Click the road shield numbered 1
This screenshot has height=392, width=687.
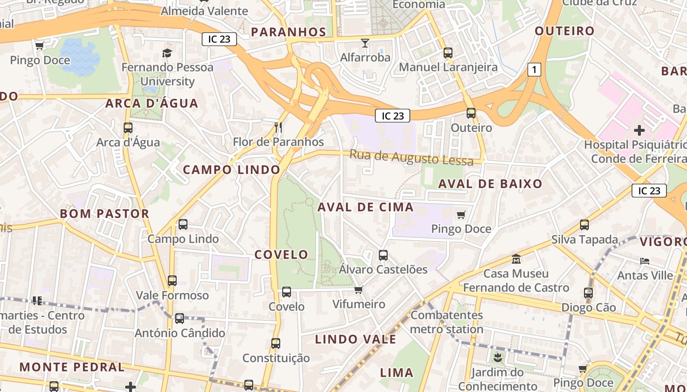point(534,70)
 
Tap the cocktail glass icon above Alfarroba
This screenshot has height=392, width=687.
point(365,43)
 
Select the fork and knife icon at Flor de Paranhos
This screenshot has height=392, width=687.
point(278,127)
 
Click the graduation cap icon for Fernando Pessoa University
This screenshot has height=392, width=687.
point(167,52)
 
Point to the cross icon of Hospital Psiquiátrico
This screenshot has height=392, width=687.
point(639,130)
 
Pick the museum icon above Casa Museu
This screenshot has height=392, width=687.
point(516,259)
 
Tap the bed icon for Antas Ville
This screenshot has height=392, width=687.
point(645,261)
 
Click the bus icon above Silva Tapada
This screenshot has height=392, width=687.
point(584,225)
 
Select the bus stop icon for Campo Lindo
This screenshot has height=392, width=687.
point(183,224)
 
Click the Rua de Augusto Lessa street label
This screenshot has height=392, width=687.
point(411,158)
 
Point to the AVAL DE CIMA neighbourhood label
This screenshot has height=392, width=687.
point(366,207)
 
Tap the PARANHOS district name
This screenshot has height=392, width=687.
point(289,32)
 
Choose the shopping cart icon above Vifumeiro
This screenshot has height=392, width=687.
point(359,290)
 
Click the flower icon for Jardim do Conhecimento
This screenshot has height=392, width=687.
point(498,358)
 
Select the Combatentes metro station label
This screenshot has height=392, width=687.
point(447,322)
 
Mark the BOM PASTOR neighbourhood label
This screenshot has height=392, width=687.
point(105,214)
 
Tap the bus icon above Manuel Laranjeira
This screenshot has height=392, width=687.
point(448,53)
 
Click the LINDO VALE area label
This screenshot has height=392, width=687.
point(355,339)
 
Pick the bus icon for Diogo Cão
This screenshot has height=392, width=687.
point(588,293)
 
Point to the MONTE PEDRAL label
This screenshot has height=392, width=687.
point(72,367)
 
